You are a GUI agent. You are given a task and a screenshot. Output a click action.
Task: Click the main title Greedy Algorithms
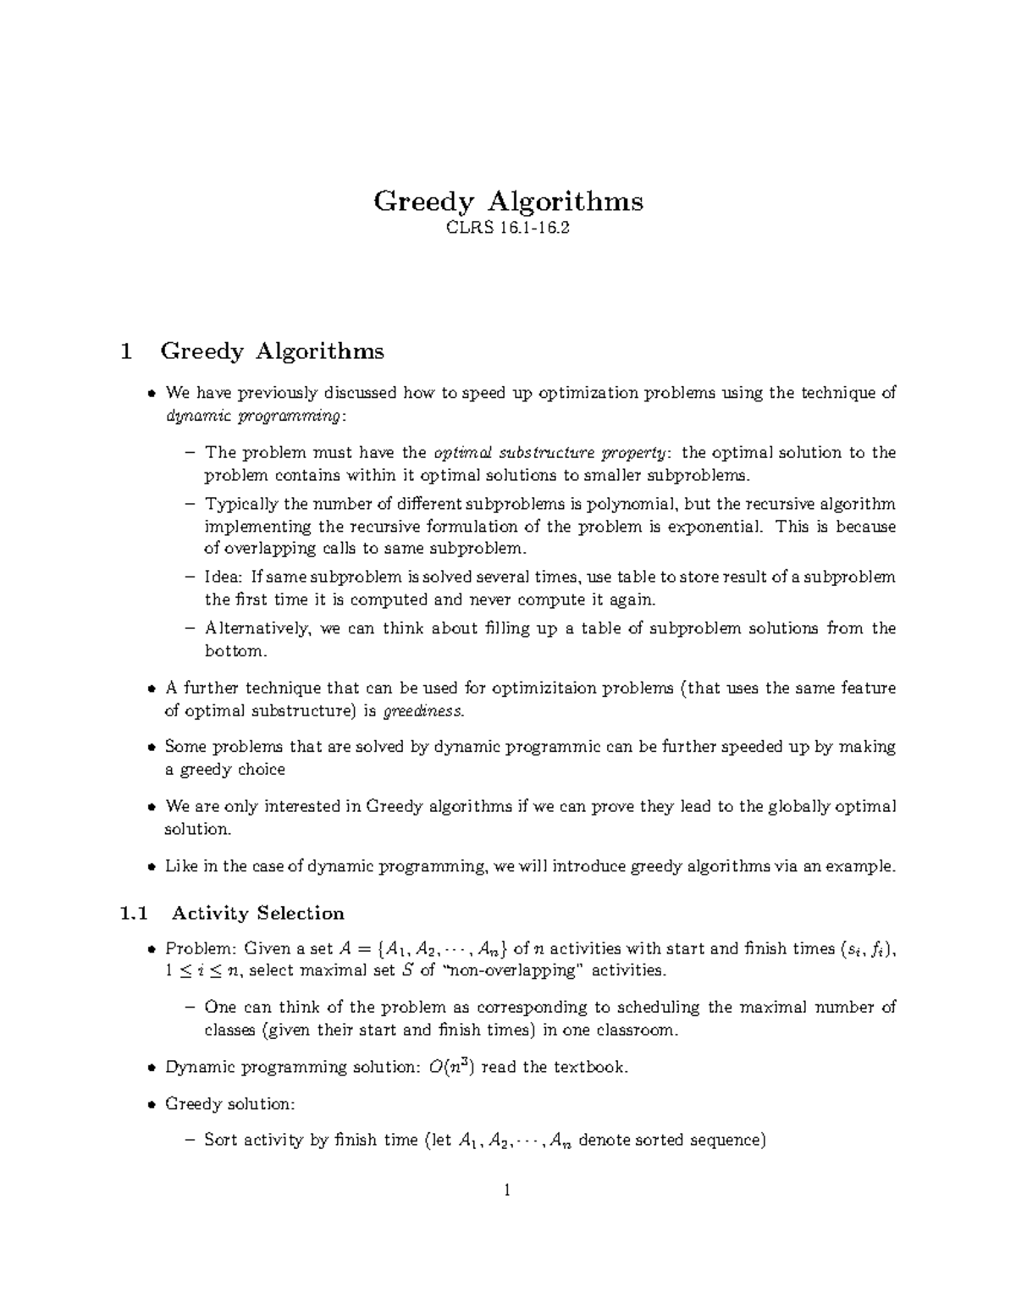tap(508, 202)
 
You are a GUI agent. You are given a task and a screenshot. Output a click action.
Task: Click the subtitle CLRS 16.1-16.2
tap(508, 228)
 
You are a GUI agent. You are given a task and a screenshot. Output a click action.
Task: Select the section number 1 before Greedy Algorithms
tap(127, 351)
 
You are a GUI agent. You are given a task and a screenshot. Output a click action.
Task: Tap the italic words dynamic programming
tap(254, 416)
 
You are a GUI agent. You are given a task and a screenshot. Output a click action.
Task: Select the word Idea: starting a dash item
tap(224, 577)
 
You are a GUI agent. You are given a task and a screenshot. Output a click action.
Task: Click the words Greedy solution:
tap(229, 1103)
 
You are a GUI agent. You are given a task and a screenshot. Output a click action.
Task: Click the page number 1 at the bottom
tap(507, 1191)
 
